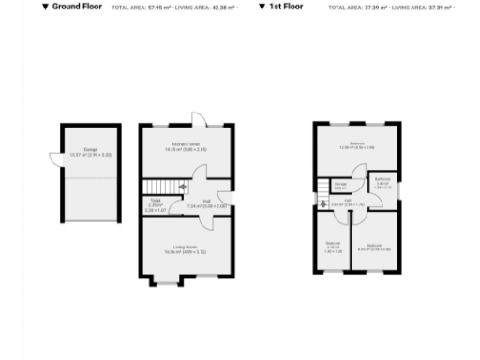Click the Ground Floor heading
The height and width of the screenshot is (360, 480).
click(x=78, y=7)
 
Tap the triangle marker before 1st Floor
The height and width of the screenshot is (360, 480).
click(x=262, y=7)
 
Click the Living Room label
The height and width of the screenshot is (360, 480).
click(x=178, y=248)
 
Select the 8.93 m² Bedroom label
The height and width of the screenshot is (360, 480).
click(x=373, y=247)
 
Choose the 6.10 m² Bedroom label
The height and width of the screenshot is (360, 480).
click(x=333, y=247)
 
